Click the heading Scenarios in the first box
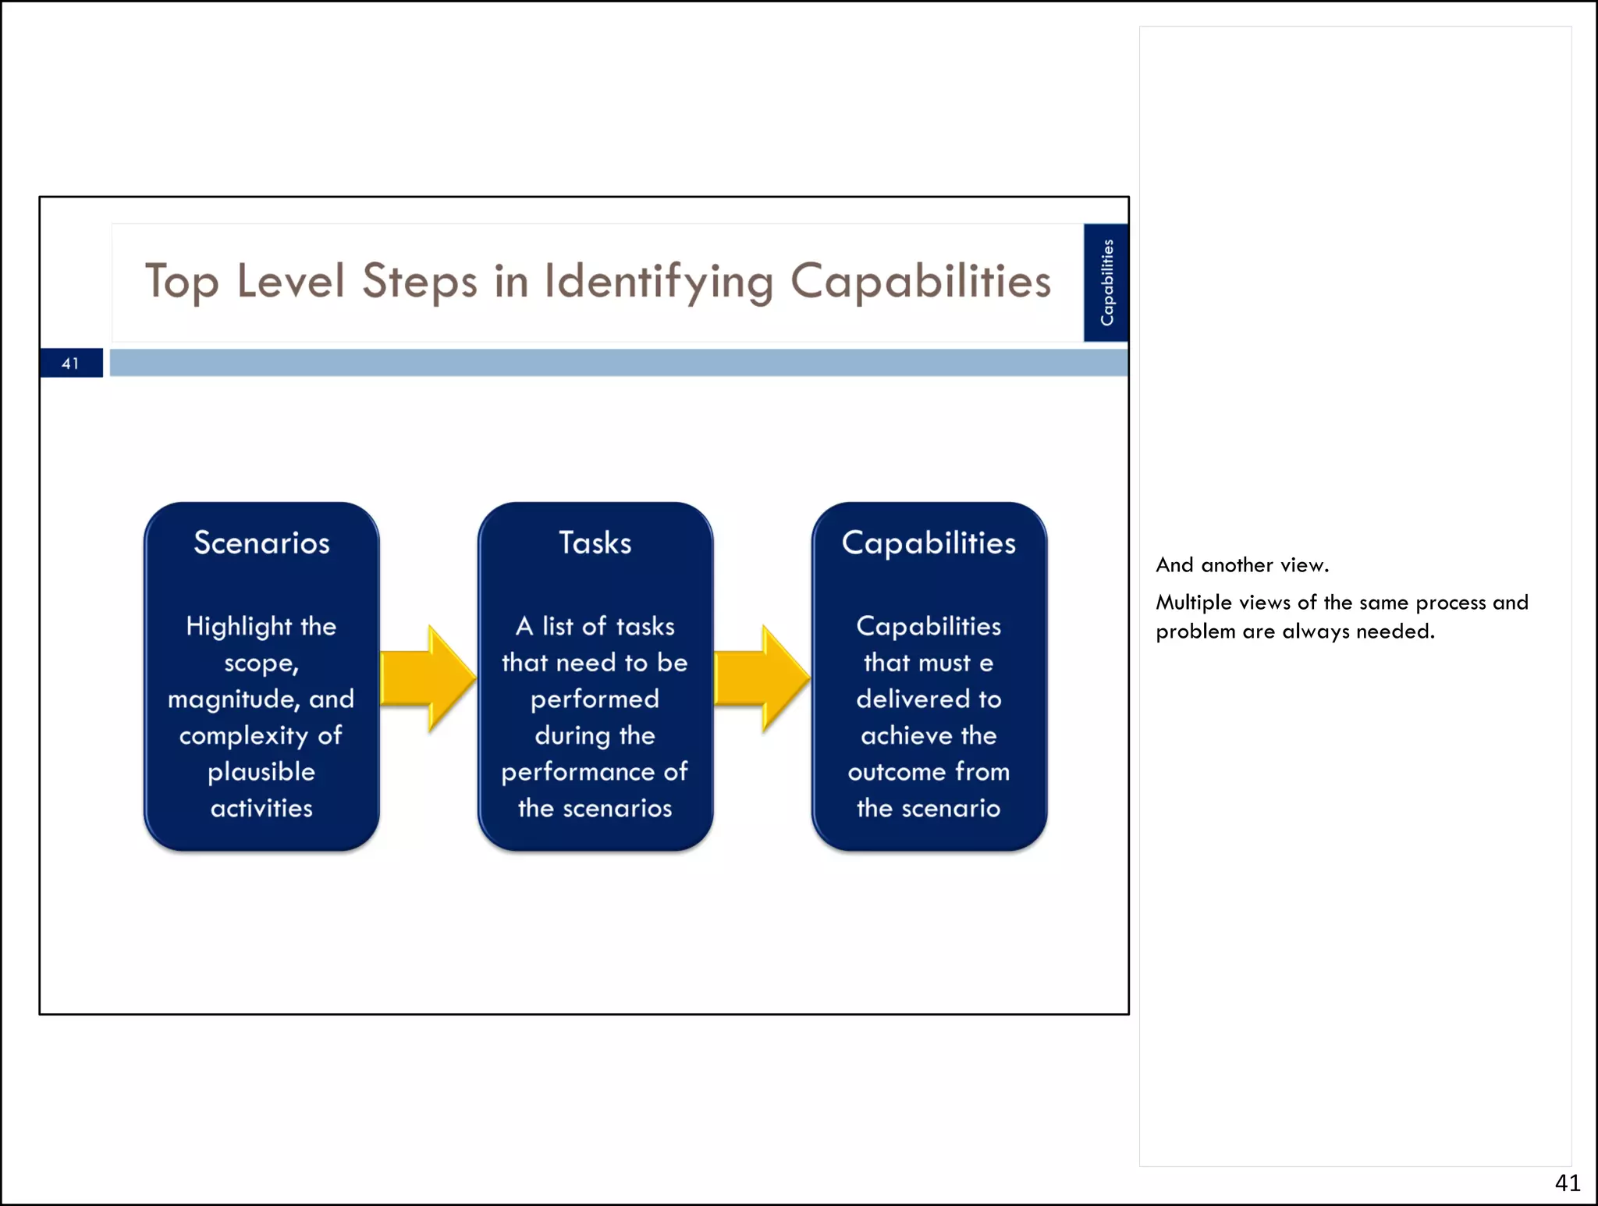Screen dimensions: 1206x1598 (261, 543)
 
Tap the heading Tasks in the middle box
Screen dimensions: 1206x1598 (595, 543)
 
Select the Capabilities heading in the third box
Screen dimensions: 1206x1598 (929, 543)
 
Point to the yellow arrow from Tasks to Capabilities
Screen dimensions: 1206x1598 (762, 678)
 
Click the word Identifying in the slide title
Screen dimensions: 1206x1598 (659, 282)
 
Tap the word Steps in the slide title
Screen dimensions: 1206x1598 (419, 282)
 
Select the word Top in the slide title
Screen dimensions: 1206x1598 (181, 282)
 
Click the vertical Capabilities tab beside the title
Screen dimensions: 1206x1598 (1106, 283)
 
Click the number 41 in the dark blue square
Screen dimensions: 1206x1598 (71, 363)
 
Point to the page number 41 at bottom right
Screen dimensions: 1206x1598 (1567, 1183)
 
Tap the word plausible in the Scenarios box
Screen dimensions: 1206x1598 (261, 772)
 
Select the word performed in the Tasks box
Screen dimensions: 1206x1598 (595, 699)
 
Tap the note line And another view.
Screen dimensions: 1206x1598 (1242, 565)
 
